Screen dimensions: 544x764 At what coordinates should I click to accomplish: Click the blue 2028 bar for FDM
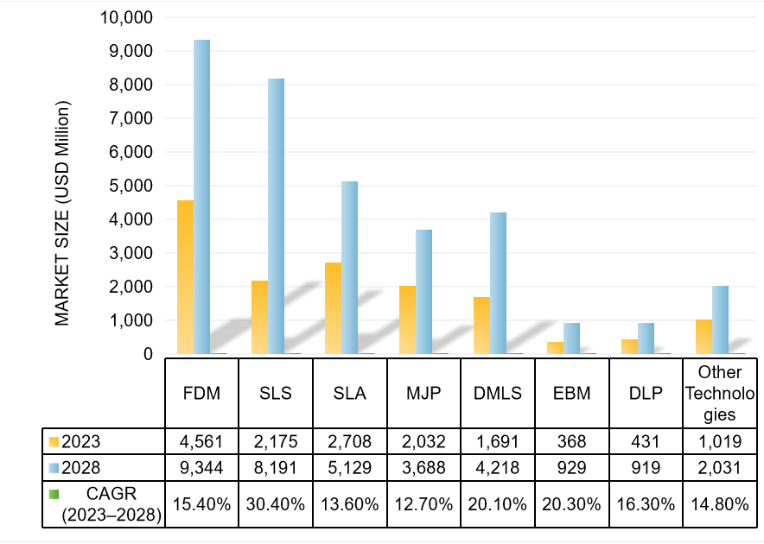[x=201, y=197]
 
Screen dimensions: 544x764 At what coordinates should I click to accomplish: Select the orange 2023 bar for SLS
[x=259, y=317]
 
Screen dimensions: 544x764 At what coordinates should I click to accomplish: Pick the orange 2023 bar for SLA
[x=334, y=308]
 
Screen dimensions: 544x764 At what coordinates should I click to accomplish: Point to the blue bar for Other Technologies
[x=720, y=319]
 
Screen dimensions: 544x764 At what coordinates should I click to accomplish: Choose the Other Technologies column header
[x=720, y=393]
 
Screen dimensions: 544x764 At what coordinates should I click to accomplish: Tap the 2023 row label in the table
[x=82, y=441]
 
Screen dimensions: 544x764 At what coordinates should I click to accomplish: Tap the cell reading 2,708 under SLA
[x=350, y=441]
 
